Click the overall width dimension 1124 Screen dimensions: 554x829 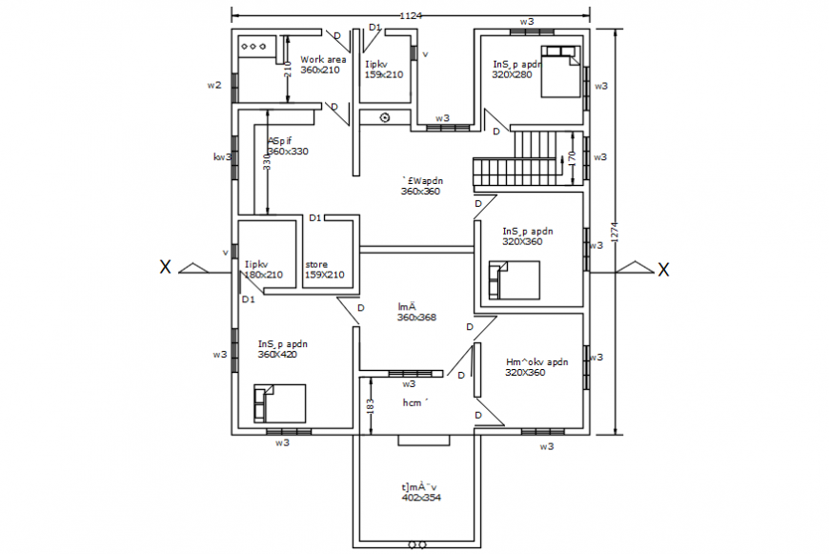point(412,16)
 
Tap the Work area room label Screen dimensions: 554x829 point(323,59)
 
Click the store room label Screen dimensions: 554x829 point(316,264)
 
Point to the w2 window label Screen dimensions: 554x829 point(214,85)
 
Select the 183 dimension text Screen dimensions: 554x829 point(370,406)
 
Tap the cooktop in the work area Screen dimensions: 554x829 point(255,45)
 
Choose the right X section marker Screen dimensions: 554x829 point(663,270)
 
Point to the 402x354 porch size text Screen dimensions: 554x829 point(421,498)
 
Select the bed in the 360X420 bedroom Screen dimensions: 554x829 point(279,402)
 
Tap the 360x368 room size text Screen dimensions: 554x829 point(417,318)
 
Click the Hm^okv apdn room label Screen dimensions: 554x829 point(537,361)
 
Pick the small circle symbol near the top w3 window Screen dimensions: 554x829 point(385,117)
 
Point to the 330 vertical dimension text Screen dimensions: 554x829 point(268,163)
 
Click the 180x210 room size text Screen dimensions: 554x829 point(264,276)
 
